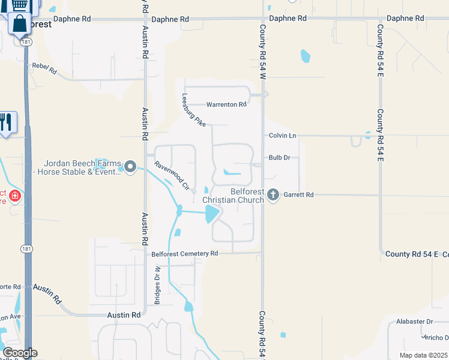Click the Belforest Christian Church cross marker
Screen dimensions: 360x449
(274, 194)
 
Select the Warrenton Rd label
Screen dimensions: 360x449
(226, 104)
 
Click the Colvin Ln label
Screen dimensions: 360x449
(283, 136)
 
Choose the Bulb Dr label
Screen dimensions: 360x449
(279, 158)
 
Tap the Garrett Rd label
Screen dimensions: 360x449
(299, 194)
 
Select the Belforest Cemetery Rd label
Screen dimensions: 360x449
(184, 254)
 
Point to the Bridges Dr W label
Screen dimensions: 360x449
(157, 289)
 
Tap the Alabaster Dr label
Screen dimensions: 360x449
(414, 322)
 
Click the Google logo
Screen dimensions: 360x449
(20, 353)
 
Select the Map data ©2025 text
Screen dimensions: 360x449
(424, 355)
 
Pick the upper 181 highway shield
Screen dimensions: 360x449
(25, 42)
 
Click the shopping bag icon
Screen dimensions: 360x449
(19, 24)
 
